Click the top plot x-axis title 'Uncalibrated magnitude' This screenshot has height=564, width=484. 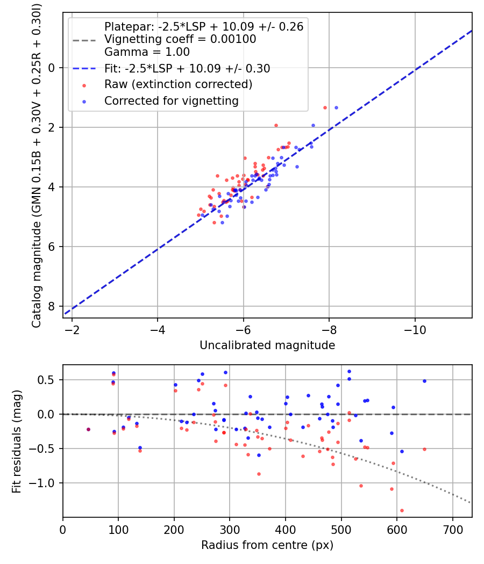tap(267, 345)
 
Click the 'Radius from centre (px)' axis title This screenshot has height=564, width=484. tap(267, 545)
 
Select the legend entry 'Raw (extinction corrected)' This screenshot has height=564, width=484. tap(178, 84)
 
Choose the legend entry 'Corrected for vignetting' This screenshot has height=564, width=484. tap(171, 100)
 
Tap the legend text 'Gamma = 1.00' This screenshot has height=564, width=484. tap(147, 52)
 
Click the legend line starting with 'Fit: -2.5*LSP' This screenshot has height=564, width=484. tap(187, 68)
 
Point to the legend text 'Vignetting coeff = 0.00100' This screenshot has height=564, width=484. tap(180, 39)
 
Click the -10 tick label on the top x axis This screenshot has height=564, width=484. tap(415, 329)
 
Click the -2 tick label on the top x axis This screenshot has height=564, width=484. tap(72, 329)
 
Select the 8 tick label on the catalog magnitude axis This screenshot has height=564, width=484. tap(52, 306)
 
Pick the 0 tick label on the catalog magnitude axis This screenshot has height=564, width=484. tap(52, 68)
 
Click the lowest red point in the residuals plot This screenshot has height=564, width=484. tap(402, 510)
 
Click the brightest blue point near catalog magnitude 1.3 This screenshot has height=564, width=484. tap(336, 107)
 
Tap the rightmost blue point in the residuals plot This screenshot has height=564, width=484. tap(424, 381)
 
